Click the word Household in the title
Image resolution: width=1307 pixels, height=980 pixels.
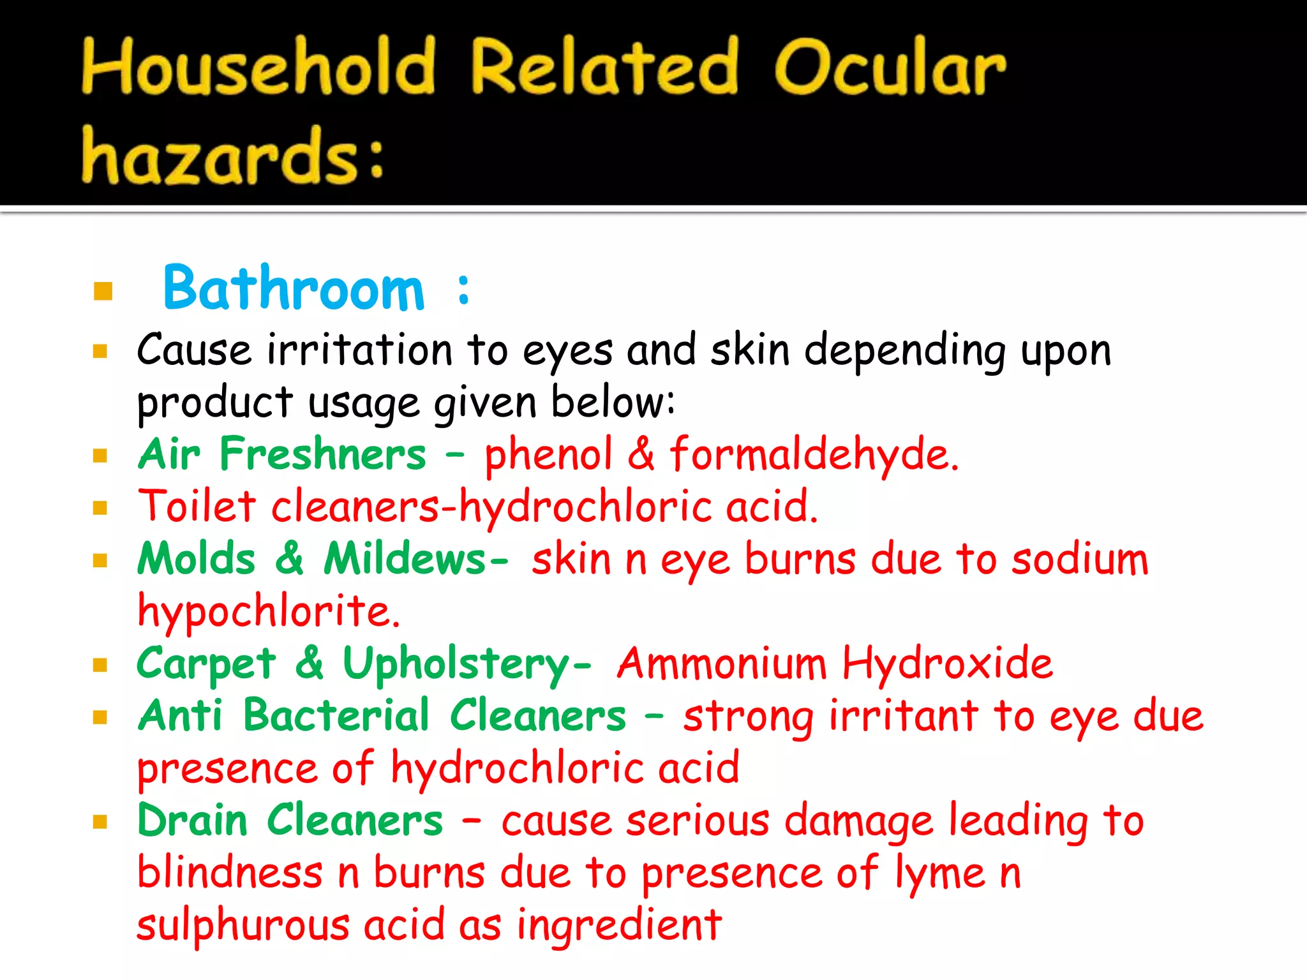[258, 68]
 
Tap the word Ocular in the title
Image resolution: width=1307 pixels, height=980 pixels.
[890, 68]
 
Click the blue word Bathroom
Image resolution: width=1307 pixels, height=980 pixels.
[294, 289]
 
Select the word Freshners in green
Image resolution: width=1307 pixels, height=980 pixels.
[322, 454]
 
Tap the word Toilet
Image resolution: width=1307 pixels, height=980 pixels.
[197, 507]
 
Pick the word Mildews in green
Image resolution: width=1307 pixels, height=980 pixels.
[406, 559]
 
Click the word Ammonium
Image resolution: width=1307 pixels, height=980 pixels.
[721, 664]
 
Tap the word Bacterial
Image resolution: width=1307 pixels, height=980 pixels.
[336, 716]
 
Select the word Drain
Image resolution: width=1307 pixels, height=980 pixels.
[192, 820]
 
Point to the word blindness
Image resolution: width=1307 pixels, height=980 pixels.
[230, 873]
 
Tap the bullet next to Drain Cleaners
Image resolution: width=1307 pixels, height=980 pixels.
[100, 821]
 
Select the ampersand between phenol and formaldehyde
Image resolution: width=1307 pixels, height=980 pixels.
[641, 454]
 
